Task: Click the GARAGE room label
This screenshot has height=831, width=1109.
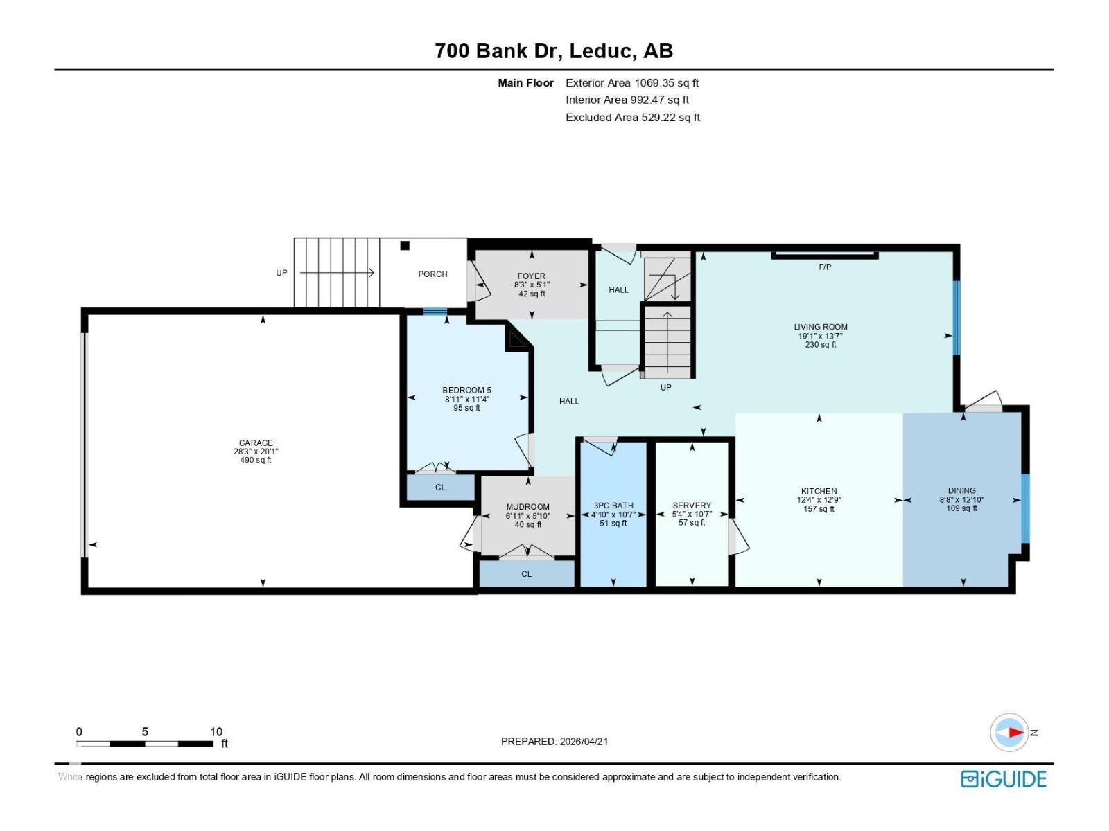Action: pyautogui.click(x=256, y=443)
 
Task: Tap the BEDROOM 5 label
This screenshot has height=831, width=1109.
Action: pyautogui.click(x=466, y=390)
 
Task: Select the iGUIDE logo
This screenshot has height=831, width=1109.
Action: pyautogui.click(x=1003, y=779)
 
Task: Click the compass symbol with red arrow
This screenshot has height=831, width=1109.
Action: pyautogui.click(x=1010, y=732)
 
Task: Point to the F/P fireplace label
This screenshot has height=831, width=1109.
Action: pyautogui.click(x=825, y=267)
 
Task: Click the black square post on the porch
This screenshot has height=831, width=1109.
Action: pyautogui.click(x=405, y=245)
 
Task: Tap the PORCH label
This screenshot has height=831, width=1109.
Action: pyautogui.click(x=433, y=274)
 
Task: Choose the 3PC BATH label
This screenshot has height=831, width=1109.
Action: pyautogui.click(x=613, y=506)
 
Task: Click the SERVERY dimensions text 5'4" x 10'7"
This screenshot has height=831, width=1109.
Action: pyautogui.click(x=692, y=515)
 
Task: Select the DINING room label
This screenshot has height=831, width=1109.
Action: pyautogui.click(x=961, y=490)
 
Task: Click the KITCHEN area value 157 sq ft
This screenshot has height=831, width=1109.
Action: pyautogui.click(x=819, y=509)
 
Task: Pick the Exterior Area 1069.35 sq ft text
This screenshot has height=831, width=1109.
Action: pyautogui.click(x=631, y=83)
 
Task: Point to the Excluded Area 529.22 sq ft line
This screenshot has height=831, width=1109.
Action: pyautogui.click(x=632, y=118)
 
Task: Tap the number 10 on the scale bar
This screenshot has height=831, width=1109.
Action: pyautogui.click(x=216, y=731)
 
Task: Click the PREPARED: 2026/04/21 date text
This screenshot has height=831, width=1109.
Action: pyautogui.click(x=554, y=741)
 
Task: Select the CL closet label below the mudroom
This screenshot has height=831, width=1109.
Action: pyautogui.click(x=526, y=574)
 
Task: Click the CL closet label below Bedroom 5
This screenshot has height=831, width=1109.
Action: pyautogui.click(x=440, y=488)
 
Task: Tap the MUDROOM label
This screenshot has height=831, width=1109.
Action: pyautogui.click(x=527, y=507)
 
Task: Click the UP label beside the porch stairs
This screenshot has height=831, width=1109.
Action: pyautogui.click(x=281, y=273)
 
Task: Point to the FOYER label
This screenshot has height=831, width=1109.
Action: pyautogui.click(x=531, y=276)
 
